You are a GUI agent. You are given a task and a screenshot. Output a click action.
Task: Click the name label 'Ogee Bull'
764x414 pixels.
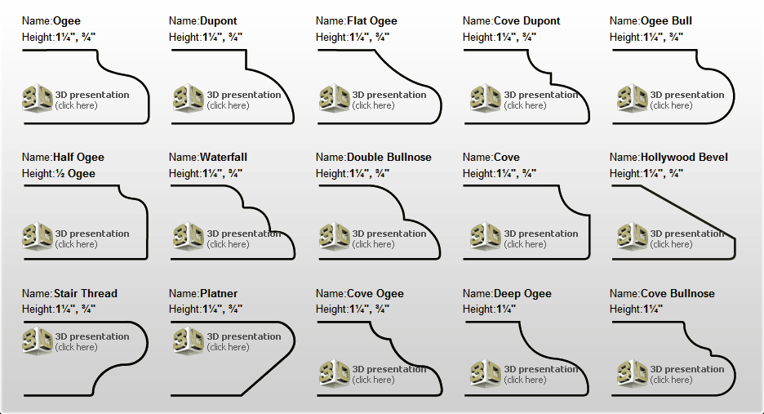(x=666, y=21)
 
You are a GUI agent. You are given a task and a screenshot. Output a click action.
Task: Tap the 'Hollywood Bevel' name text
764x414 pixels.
(x=684, y=157)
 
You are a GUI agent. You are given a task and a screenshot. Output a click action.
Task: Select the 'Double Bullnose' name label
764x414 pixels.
(x=389, y=157)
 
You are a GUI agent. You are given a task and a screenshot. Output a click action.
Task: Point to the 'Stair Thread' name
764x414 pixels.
(x=85, y=293)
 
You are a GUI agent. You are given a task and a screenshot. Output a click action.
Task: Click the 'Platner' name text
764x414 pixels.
(x=219, y=293)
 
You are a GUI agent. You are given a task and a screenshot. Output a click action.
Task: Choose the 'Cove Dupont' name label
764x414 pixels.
(x=526, y=21)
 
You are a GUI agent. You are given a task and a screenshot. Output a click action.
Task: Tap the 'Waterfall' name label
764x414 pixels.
(x=224, y=157)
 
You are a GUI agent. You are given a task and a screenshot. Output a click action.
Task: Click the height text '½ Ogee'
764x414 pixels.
(x=74, y=174)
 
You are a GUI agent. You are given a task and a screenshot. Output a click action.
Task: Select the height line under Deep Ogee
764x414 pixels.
(x=489, y=309)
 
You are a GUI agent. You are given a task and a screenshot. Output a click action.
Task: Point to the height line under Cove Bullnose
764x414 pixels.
(x=636, y=309)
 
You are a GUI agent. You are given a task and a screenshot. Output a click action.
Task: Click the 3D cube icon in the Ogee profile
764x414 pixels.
(x=38, y=98)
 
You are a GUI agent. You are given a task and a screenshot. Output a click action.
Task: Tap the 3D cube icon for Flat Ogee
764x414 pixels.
(x=335, y=98)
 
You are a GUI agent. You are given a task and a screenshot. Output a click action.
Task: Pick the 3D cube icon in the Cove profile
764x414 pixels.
(x=486, y=237)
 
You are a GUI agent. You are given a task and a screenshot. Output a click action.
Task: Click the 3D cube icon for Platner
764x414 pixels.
(x=188, y=340)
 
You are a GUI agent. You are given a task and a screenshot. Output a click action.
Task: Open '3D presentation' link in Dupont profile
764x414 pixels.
(x=244, y=95)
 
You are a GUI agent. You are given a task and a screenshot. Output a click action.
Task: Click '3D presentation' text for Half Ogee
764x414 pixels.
(x=92, y=234)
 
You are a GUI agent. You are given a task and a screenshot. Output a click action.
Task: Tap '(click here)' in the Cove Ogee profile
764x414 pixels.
(x=373, y=380)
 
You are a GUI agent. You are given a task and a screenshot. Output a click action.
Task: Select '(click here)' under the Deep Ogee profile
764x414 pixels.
(x=526, y=380)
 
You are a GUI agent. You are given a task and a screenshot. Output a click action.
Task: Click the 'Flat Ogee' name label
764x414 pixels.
(x=371, y=21)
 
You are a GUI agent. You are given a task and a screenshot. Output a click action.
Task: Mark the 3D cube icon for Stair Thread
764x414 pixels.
(x=38, y=340)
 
